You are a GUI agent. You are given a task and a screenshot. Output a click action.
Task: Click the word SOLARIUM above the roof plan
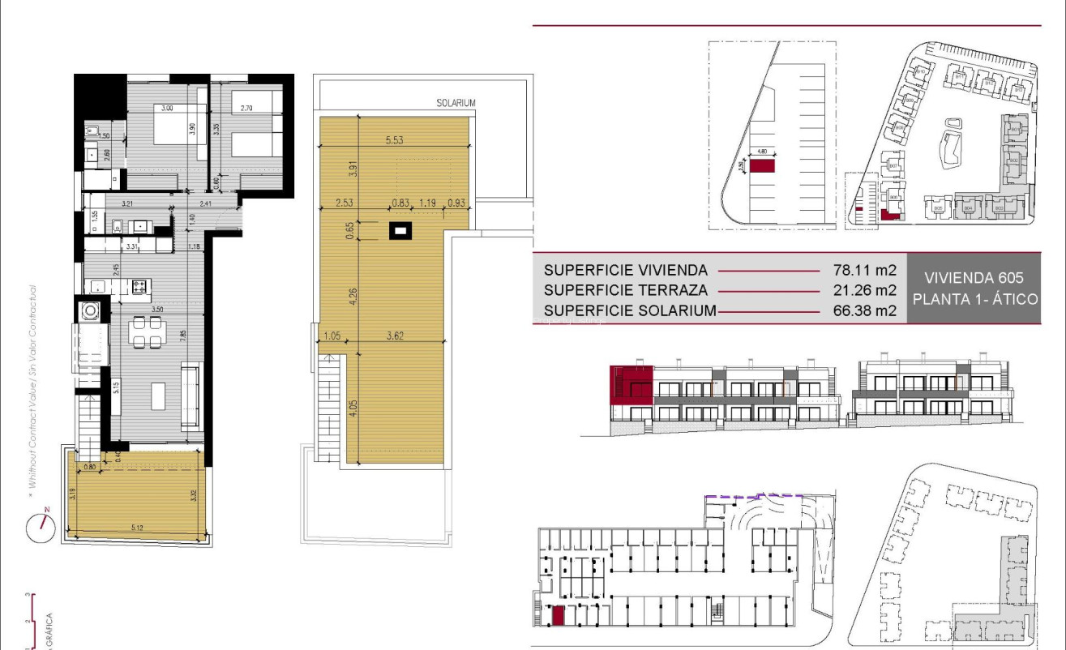tap(456, 103)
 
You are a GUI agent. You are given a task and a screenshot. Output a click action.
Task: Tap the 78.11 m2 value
tap(864, 271)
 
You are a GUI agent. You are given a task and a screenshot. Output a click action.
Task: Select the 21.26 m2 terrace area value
tap(864, 290)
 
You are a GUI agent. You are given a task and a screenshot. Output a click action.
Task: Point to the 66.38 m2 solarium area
tap(864, 310)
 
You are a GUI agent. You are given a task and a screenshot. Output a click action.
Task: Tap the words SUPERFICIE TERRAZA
tap(626, 290)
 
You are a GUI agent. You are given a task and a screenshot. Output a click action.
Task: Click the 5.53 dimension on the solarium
tap(395, 140)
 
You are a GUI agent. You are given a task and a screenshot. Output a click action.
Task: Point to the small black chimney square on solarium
tap(399, 231)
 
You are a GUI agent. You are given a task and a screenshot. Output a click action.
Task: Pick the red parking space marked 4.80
tap(761, 166)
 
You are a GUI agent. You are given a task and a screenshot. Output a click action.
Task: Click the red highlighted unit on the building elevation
tap(631, 384)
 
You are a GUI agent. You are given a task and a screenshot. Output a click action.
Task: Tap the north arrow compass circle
tap(39, 528)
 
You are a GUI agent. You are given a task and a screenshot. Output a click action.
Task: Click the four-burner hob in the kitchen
tap(139, 285)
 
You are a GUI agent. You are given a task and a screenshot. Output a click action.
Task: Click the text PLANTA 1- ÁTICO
tap(975, 299)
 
